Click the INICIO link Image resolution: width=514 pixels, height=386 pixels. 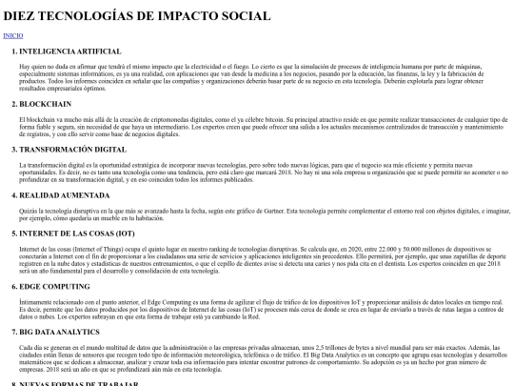[x=14, y=35]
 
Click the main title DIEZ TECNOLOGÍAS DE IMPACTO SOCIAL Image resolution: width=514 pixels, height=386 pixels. [x=137, y=15]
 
